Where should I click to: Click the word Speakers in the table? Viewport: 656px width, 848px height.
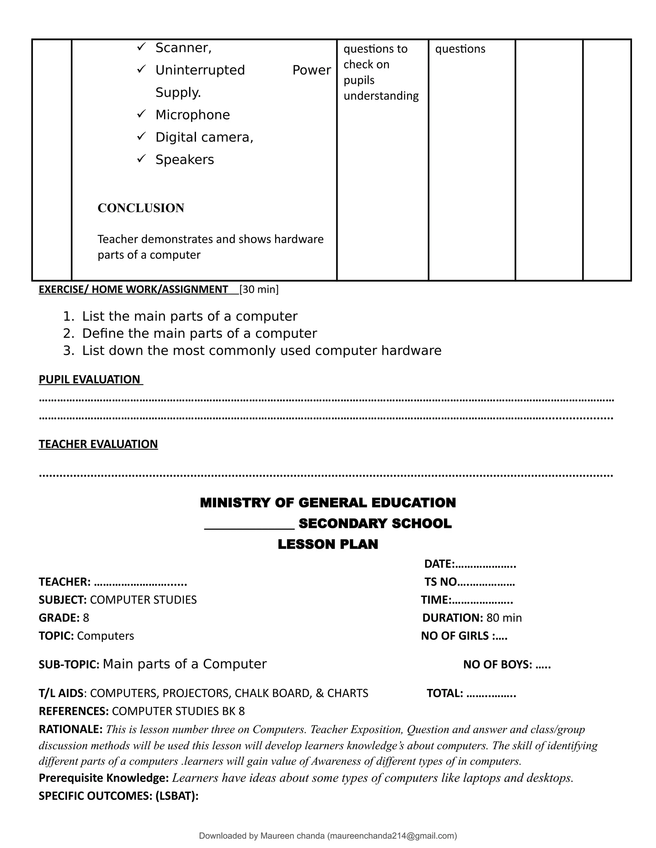pyautogui.click(x=184, y=160)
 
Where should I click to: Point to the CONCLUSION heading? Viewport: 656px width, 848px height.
pyautogui.click(x=141, y=208)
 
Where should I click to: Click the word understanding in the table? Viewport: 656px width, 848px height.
pyautogui.click(x=381, y=96)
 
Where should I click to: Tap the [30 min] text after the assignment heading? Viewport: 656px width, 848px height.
pyautogui.click(x=259, y=289)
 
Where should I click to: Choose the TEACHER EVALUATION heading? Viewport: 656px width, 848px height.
pyautogui.click(x=98, y=444)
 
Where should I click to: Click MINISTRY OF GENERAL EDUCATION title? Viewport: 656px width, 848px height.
pyautogui.click(x=328, y=502)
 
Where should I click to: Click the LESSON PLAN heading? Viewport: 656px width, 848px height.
pyautogui.click(x=328, y=544)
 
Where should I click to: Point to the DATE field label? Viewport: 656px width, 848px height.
pyautogui.click(x=439, y=564)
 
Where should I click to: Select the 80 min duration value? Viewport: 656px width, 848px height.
pyautogui.click(x=504, y=618)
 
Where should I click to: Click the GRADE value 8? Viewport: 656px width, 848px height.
pyautogui.click(x=86, y=618)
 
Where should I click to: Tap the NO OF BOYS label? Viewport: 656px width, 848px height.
pyautogui.click(x=497, y=664)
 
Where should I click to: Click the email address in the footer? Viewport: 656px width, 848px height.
pyautogui.click(x=392, y=836)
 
